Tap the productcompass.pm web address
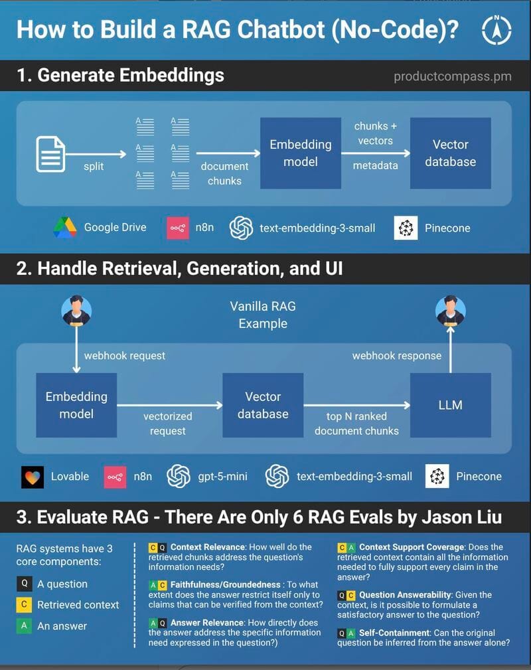(x=453, y=76)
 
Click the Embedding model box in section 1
(x=300, y=153)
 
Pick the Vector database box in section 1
(x=450, y=153)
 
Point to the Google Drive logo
(x=65, y=228)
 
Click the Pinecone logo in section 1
(x=406, y=228)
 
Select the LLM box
(x=450, y=405)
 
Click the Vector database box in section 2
(x=263, y=405)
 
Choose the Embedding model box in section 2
(x=76, y=405)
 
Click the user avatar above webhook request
(x=76, y=311)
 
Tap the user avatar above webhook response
(x=451, y=311)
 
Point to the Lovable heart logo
(x=32, y=476)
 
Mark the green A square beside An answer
(x=24, y=626)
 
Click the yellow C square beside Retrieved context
(x=24, y=605)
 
